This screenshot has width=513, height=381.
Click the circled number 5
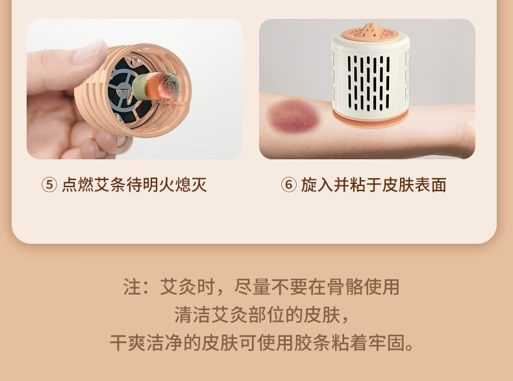coord(49,185)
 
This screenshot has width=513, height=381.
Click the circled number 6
coord(288,185)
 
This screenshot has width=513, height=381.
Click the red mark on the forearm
coord(293,116)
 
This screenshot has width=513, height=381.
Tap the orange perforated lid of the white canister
coord(371,32)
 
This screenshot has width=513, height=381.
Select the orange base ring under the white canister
coord(371,118)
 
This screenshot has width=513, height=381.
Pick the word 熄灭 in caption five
coord(191,185)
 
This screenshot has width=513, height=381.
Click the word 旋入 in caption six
coord(317,185)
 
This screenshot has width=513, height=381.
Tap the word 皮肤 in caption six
coord(398,185)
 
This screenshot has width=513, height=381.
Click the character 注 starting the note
coord(132,287)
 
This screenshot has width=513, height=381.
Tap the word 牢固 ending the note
coord(387,343)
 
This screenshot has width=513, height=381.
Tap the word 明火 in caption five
coord(158,185)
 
